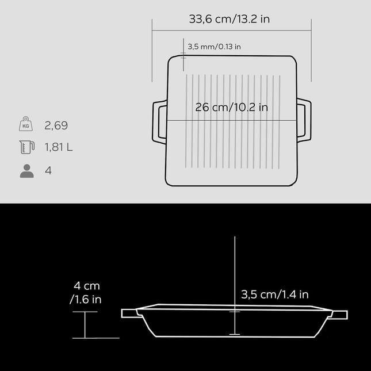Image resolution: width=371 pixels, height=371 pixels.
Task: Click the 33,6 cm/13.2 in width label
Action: coord(229,19)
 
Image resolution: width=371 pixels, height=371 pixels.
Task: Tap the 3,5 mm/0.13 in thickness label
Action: coord(214,47)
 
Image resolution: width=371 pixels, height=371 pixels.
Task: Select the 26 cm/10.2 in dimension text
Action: coord(231,108)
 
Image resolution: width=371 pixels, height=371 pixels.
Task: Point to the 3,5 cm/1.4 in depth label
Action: coord(275,294)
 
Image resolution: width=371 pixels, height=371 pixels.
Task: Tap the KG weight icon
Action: coord(26,124)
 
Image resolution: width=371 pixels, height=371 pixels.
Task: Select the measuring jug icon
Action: coord(26,147)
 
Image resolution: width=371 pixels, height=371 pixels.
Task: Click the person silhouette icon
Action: coord(26,171)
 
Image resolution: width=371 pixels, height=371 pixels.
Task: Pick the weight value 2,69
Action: coord(56,125)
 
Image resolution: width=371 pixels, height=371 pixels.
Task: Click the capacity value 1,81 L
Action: coord(59,147)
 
